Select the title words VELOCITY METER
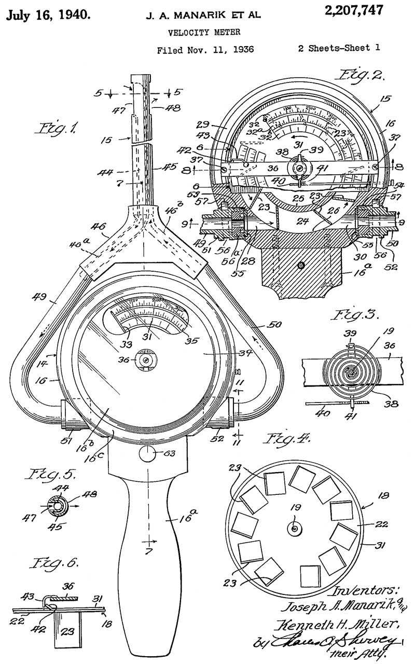pyautogui.click(x=204, y=32)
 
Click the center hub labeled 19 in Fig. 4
pyautogui.click(x=294, y=528)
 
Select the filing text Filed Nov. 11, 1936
pyautogui.click(x=204, y=50)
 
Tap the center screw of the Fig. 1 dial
pyautogui.click(x=145, y=358)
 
